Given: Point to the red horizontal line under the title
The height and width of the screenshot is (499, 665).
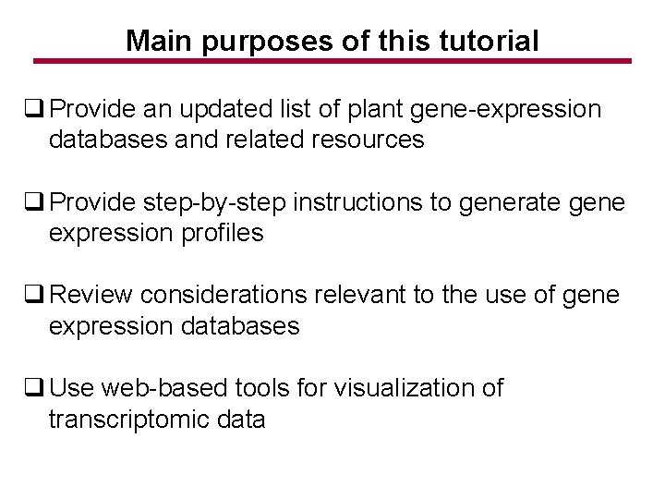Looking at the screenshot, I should [x=332, y=62].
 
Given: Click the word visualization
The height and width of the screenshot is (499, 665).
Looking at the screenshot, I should [x=399, y=387].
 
